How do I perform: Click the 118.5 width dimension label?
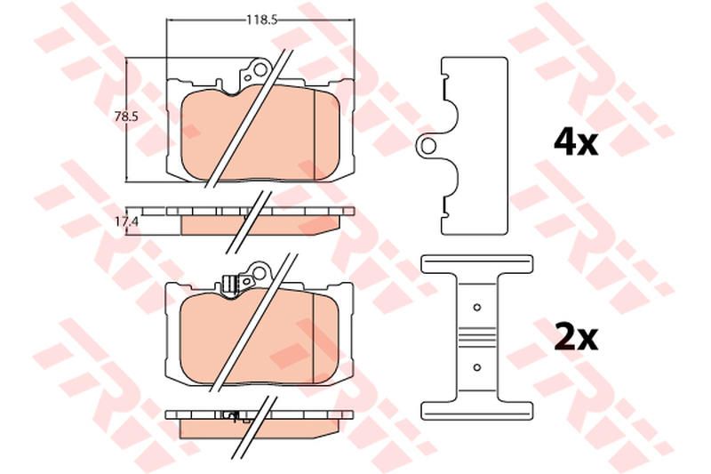pos(261,20)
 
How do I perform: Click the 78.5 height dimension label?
pos(125,116)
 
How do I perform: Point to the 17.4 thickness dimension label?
pos(125,221)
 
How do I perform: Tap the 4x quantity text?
pos(576,142)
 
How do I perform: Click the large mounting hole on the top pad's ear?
pos(260,70)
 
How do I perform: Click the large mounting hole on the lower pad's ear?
pos(259,274)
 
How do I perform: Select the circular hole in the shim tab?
pos(427,146)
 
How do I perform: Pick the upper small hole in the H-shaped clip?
pos(476,308)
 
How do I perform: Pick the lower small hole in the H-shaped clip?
pos(476,367)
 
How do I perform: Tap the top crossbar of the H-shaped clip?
pos(476,264)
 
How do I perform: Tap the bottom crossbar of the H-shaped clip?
pos(476,411)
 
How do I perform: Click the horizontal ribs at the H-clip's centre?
pos(476,337)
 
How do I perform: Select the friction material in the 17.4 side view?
pos(260,225)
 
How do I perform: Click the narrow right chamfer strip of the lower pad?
pos(326,338)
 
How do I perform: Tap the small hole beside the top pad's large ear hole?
pos(248,78)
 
